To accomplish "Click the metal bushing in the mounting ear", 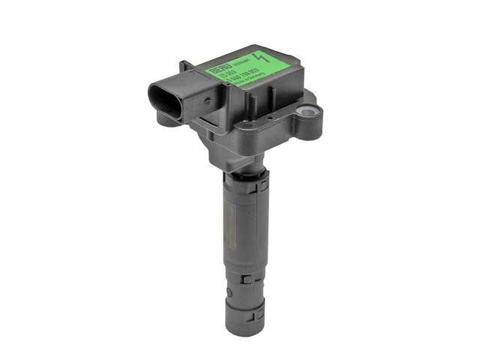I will (307, 112).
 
